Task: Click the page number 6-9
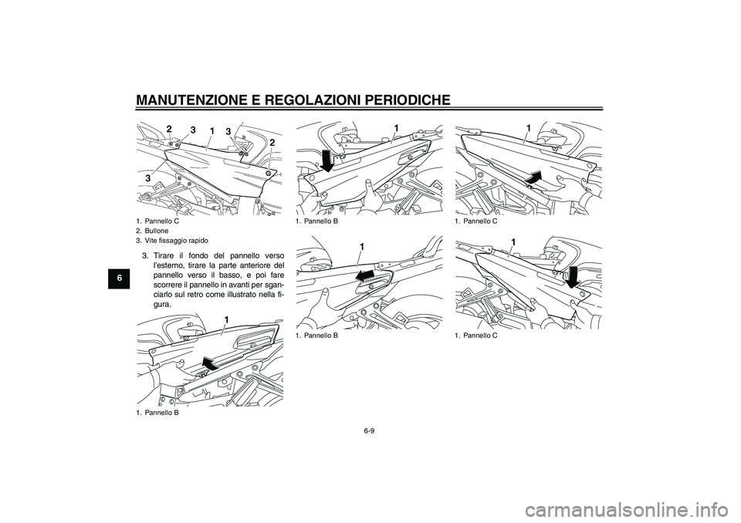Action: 370,430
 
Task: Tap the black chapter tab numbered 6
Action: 121,278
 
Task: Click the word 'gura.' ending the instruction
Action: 163,305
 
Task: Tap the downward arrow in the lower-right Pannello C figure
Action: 572,276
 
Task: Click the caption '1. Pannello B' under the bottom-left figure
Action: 154,413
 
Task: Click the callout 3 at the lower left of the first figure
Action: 147,178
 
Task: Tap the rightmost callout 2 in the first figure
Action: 272,142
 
